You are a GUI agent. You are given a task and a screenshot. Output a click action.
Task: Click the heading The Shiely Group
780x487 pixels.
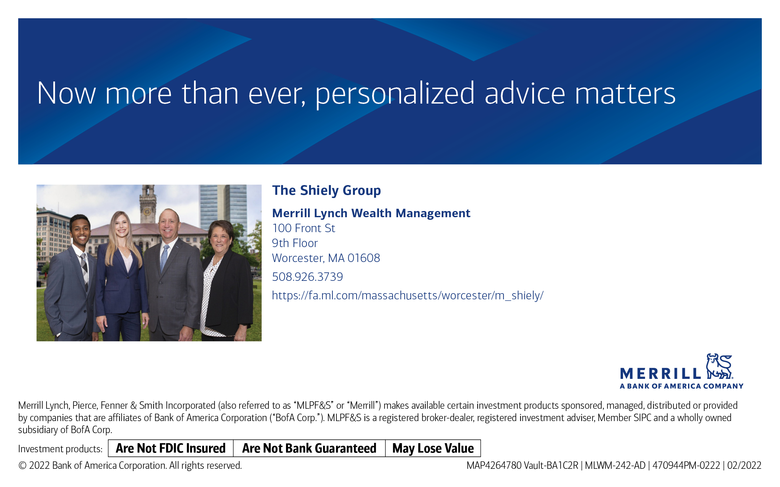(x=326, y=191)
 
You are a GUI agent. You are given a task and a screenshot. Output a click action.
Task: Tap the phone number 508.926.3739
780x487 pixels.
(x=307, y=277)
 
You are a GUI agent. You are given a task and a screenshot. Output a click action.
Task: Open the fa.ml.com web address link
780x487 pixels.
(x=408, y=295)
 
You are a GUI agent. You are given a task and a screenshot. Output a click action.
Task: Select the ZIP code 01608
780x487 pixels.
(x=364, y=258)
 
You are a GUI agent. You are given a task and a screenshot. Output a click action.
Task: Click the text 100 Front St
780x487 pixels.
(x=304, y=228)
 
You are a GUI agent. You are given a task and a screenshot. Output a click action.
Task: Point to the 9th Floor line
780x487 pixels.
(x=295, y=243)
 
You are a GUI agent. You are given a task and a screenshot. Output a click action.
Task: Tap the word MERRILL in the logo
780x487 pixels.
(x=660, y=374)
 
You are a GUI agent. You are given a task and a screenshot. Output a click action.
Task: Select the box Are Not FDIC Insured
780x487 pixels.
(x=171, y=448)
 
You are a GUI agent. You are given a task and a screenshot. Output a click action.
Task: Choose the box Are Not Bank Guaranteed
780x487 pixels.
(x=309, y=448)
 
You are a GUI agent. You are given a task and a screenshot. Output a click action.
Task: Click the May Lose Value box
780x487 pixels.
(x=433, y=448)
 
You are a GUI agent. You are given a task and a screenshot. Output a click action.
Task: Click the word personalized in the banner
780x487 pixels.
(x=395, y=94)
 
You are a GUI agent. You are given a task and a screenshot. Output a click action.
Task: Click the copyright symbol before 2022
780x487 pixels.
(x=22, y=466)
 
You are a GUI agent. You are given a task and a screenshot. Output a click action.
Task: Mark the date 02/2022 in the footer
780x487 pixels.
(x=744, y=466)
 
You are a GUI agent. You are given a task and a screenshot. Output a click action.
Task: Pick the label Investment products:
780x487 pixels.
(x=60, y=449)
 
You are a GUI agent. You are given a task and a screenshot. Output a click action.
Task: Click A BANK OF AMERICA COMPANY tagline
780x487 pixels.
(x=682, y=386)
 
